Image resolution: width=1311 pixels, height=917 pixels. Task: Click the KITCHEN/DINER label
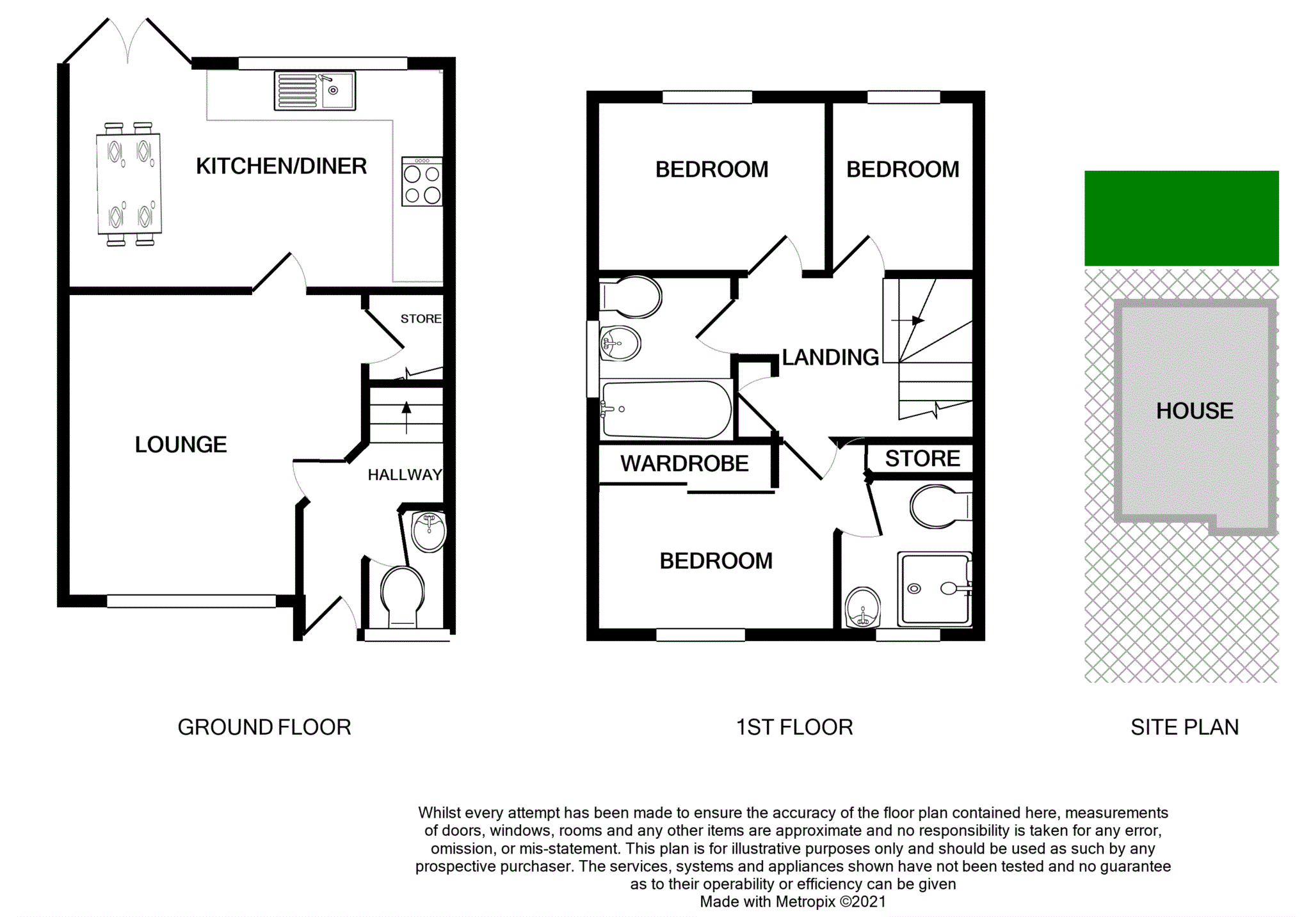[x=281, y=166]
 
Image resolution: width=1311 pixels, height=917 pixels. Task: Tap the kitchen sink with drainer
[x=314, y=91]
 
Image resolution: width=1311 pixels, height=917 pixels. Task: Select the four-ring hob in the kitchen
[x=422, y=182]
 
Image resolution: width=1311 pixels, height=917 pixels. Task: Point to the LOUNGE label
[x=181, y=445]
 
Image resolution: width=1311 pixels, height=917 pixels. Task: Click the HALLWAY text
[x=405, y=475]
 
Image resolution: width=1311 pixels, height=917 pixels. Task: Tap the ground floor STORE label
[x=421, y=319]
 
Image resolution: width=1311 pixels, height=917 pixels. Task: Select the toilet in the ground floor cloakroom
[x=402, y=596]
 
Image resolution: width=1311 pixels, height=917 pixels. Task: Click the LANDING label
[x=830, y=357]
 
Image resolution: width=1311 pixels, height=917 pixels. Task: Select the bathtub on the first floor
[x=666, y=410]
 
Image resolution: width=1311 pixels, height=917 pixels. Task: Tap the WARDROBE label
[x=684, y=463]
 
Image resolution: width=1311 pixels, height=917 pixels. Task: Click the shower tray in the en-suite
[x=935, y=589]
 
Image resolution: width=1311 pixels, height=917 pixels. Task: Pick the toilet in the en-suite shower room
[x=940, y=507]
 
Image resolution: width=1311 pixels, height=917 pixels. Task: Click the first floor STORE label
[x=922, y=458]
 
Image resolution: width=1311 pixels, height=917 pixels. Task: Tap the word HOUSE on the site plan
[x=1194, y=411]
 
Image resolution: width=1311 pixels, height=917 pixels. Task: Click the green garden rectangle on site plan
[x=1181, y=218]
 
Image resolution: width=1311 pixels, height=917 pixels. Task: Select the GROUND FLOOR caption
[x=264, y=728]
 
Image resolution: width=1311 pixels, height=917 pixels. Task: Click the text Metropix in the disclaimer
[x=805, y=902]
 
